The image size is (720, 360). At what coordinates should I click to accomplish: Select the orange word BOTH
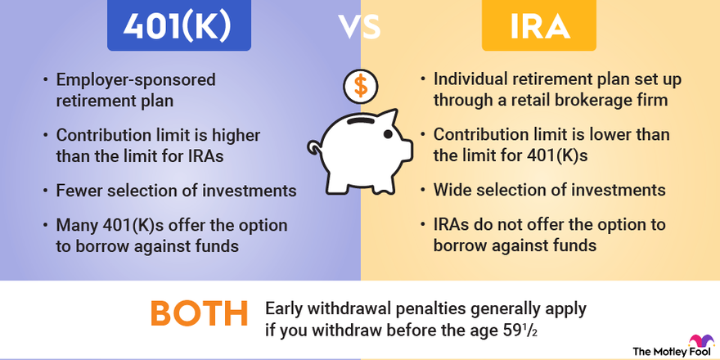coord(199,315)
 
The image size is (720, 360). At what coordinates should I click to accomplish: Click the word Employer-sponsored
coord(134,80)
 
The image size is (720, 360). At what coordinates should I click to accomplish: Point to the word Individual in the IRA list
coord(474,80)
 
